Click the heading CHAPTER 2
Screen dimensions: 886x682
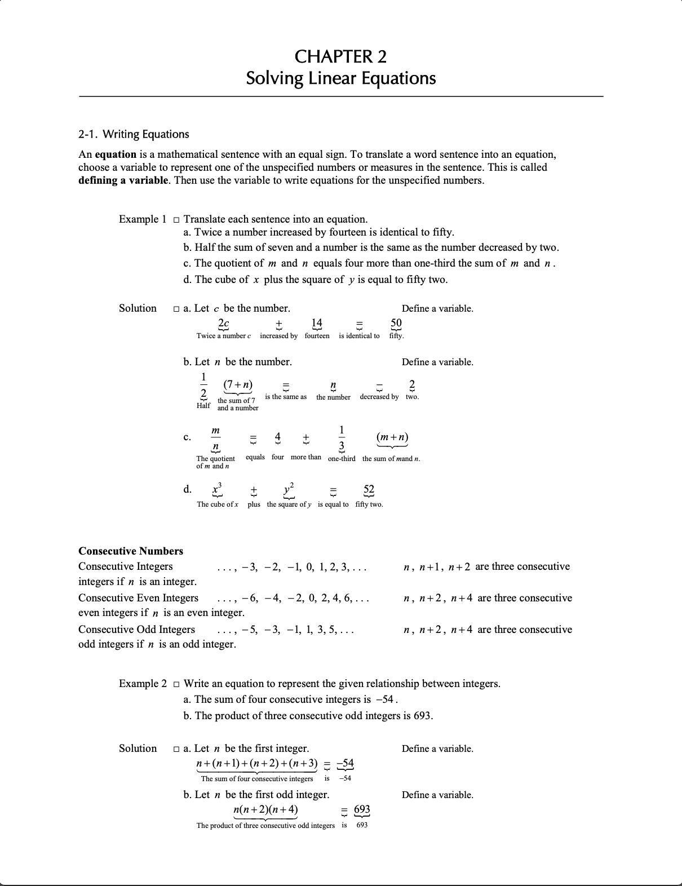340,56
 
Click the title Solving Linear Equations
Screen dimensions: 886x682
340,78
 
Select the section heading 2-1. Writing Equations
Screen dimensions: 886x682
134,134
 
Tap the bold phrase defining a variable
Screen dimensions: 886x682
123,180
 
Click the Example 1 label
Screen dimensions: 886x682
143,219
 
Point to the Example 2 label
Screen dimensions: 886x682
143,684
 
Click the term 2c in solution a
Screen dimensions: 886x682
223,323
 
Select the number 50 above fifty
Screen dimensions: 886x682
396,323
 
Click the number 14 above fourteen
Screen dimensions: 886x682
317,323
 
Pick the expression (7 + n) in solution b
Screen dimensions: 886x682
238,385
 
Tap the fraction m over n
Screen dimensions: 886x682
215,439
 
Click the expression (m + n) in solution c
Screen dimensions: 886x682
392,437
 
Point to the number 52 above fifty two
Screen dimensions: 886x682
369,489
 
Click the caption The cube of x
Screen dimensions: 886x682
218,504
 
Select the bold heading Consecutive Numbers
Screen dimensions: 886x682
131,551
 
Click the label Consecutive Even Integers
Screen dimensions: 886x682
138,598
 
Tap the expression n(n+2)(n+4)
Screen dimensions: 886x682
265,810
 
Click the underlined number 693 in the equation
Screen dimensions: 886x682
362,810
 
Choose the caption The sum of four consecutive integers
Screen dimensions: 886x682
256,779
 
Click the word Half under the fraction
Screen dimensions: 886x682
203,405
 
